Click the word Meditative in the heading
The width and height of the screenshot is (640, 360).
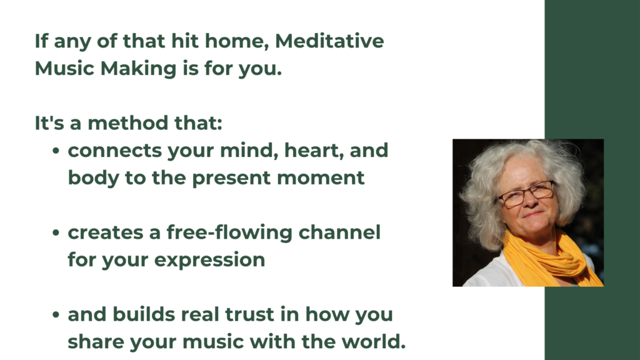click(x=329, y=41)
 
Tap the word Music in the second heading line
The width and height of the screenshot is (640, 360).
click(x=64, y=68)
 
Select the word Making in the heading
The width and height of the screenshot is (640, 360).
click(x=138, y=69)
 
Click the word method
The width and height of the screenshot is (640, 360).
click(x=127, y=123)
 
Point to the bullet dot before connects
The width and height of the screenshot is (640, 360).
click(x=56, y=151)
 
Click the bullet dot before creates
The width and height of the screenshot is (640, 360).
click(x=56, y=233)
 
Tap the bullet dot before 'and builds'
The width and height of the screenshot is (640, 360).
click(x=56, y=315)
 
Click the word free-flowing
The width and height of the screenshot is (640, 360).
click(x=229, y=233)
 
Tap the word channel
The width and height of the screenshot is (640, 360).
click(x=339, y=232)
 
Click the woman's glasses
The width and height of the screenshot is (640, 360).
click(x=526, y=194)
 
